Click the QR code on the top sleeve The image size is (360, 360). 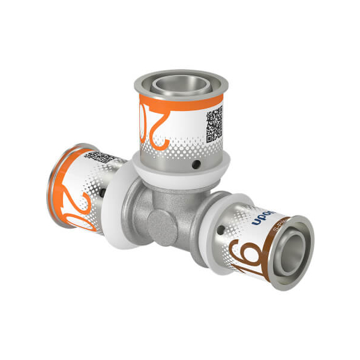(214, 122)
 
